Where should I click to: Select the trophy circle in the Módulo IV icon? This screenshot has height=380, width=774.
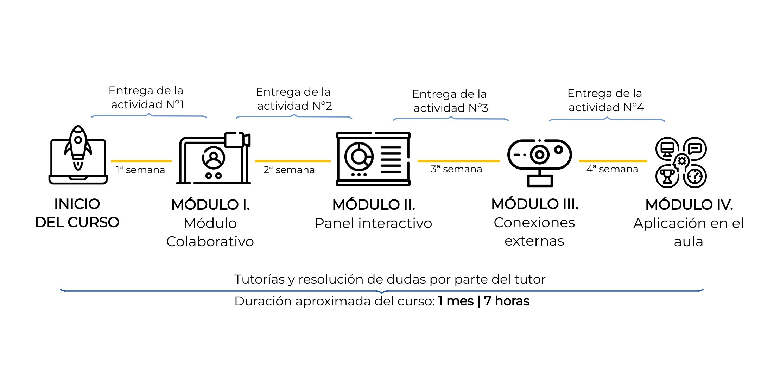pyautogui.click(x=667, y=176)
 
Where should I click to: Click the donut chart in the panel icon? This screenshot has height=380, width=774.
pyautogui.click(x=359, y=157)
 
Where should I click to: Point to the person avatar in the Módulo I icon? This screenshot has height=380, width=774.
pyautogui.click(x=213, y=158)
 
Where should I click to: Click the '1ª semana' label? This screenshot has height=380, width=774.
pyautogui.click(x=140, y=170)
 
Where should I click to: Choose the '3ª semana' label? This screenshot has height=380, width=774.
pyautogui.click(x=456, y=169)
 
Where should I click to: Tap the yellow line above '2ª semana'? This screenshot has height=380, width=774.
pyautogui.click(x=293, y=161)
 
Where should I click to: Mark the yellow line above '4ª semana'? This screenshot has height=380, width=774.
pyautogui.click(x=613, y=161)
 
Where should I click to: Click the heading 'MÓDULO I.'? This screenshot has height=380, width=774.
pyautogui.click(x=210, y=205)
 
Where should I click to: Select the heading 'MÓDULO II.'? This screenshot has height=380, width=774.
pyautogui.click(x=374, y=205)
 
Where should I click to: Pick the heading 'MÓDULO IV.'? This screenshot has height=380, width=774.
pyautogui.click(x=689, y=205)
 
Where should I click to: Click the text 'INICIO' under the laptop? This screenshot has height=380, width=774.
pyautogui.click(x=77, y=204)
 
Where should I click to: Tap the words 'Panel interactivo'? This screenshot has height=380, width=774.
pyautogui.click(x=373, y=223)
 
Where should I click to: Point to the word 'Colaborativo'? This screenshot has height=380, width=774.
pyautogui.click(x=210, y=242)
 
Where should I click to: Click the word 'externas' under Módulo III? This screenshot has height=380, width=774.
pyautogui.click(x=534, y=241)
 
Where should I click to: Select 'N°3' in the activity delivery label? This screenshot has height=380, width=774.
pyautogui.click(x=478, y=108)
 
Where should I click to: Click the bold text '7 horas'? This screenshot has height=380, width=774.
pyautogui.click(x=506, y=301)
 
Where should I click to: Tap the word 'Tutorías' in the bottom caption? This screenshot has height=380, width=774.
pyautogui.click(x=259, y=279)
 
